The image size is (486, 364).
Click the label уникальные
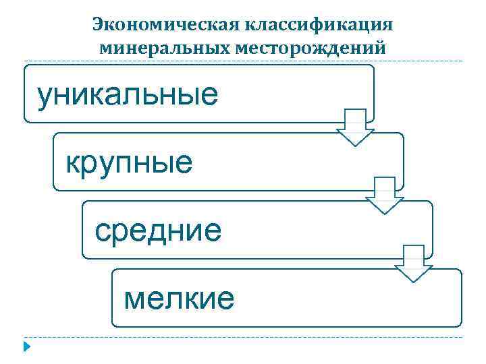(128, 95)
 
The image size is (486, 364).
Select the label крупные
(129, 162)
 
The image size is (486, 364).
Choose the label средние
(158, 231)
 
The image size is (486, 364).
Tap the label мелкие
(179, 298)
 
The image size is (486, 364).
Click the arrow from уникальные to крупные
(355, 127)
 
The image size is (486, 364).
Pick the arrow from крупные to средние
(384, 195)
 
